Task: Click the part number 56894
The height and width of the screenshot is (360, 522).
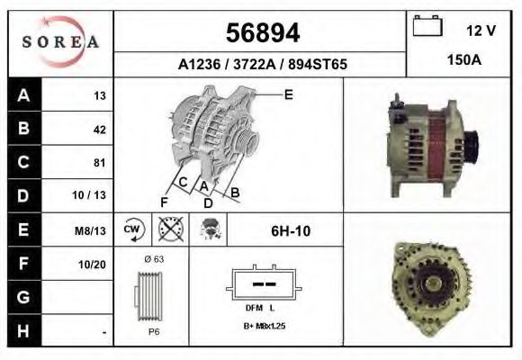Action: pos(261,33)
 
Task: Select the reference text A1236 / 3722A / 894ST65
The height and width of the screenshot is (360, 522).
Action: pos(261,65)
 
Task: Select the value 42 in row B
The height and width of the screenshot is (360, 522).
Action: pos(99,130)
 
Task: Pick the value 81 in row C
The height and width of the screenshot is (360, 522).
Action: pos(99,163)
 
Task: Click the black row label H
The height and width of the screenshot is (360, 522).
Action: pos(22,331)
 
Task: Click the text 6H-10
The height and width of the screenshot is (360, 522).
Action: pos(291,230)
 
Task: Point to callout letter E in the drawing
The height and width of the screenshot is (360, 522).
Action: pos(288,94)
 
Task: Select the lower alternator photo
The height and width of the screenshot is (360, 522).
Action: pos(432,279)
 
